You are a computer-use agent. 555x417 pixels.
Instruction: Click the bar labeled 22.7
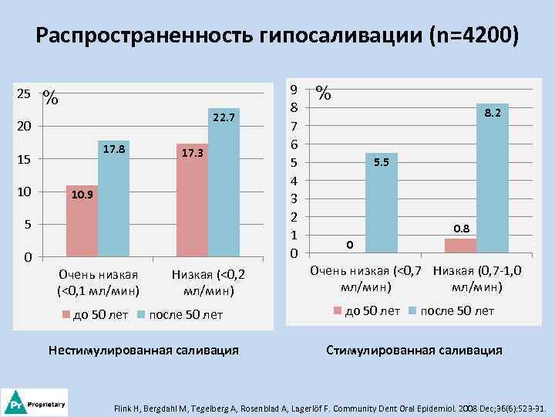point(224,185)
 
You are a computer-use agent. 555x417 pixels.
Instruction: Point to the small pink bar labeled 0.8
point(460,246)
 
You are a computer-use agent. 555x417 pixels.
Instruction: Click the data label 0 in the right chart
point(349,245)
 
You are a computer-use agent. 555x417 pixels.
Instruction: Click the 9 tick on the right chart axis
point(293,90)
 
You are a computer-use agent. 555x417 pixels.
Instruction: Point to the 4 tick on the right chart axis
point(293,181)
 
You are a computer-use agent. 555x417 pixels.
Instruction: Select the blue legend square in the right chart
point(412,310)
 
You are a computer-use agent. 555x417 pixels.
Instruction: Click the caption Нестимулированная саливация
point(143,350)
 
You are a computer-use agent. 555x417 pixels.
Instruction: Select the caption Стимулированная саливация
point(414,350)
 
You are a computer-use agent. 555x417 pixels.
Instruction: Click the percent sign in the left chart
point(51,97)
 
